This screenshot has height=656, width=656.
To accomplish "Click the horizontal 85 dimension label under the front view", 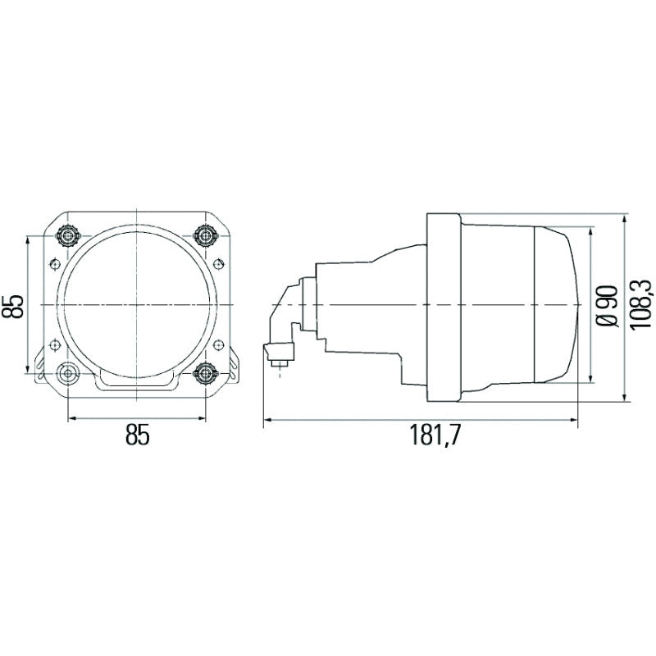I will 138,435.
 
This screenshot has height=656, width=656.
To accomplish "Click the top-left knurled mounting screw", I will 66,236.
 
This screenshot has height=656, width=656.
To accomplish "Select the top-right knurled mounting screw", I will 205,236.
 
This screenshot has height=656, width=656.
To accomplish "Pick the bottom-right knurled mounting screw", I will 205,374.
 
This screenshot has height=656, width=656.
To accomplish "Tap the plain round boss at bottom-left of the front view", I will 66,374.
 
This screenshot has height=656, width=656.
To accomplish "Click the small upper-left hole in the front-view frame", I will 56,263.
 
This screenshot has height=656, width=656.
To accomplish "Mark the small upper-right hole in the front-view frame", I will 217,263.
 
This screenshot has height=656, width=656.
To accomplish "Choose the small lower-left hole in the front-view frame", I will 56,344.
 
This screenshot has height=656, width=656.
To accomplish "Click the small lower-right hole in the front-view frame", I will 217,344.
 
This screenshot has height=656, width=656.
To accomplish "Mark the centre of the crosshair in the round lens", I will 137,305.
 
